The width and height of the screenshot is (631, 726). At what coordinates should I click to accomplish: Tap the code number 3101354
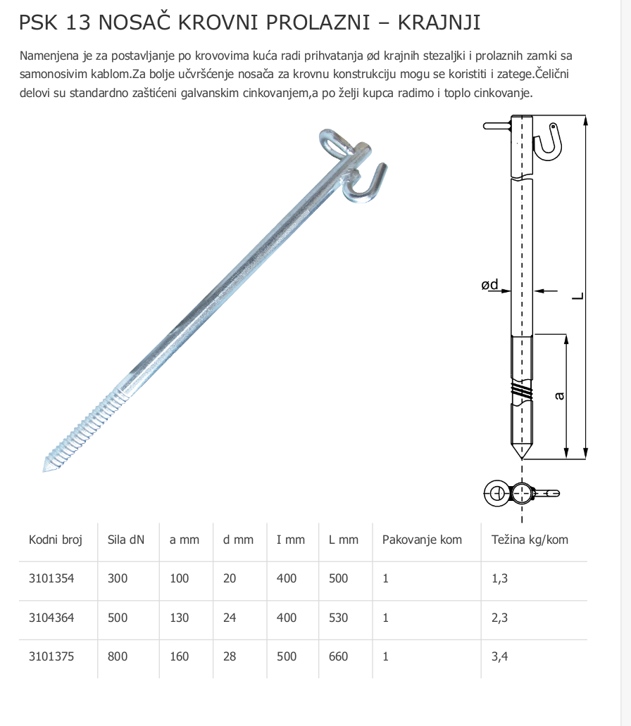[x=51, y=578]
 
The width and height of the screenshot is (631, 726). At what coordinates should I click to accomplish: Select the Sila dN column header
[x=125, y=540]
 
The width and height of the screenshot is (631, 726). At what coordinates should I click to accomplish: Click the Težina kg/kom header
[x=530, y=540]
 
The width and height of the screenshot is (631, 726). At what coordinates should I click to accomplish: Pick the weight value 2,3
[x=499, y=618]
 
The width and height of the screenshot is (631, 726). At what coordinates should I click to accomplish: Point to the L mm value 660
[x=339, y=656]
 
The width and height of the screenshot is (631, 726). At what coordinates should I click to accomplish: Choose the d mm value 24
[x=230, y=618]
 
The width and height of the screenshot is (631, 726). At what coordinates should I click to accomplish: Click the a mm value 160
[x=179, y=656]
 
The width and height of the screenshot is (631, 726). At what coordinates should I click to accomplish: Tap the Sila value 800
[x=118, y=656]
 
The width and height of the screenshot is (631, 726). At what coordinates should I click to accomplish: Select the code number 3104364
[x=51, y=618]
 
